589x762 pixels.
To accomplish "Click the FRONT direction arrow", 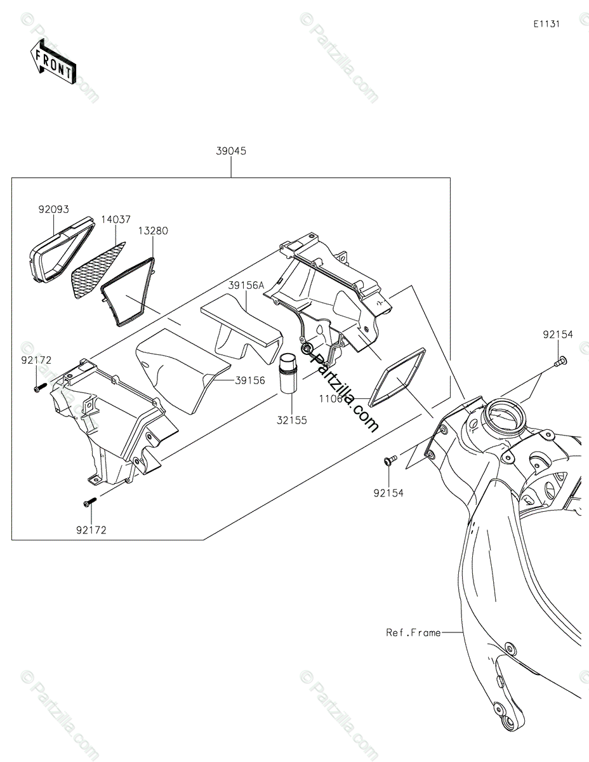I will (53, 61).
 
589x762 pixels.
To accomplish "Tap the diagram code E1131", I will (546, 24).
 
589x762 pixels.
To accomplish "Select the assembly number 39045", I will (231, 151).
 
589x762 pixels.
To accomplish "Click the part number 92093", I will (53, 209).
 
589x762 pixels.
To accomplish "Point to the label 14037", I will (116, 220).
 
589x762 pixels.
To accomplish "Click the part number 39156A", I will (246, 286).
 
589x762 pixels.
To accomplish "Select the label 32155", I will (291, 420).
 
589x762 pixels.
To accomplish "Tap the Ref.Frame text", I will (413, 632).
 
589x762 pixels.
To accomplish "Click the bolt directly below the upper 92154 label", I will (559, 363).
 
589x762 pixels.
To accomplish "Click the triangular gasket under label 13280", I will (130, 292).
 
